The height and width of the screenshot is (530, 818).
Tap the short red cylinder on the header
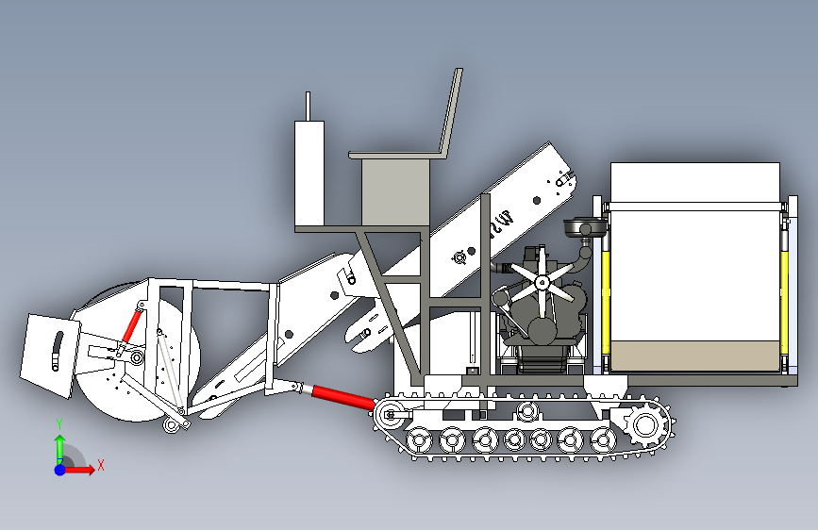132,326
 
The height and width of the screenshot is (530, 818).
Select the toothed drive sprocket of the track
646,425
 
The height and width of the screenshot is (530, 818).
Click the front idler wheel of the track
390,415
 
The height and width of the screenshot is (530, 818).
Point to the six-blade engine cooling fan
543,282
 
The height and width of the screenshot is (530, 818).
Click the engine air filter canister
585,228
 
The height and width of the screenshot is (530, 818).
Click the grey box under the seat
395,192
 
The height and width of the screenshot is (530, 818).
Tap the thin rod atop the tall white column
308,107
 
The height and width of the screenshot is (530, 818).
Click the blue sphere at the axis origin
60,470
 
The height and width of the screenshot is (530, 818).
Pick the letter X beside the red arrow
101,465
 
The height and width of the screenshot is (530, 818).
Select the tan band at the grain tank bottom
695,356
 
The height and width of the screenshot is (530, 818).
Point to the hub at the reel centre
137,357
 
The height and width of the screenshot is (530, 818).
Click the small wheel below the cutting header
171,424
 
